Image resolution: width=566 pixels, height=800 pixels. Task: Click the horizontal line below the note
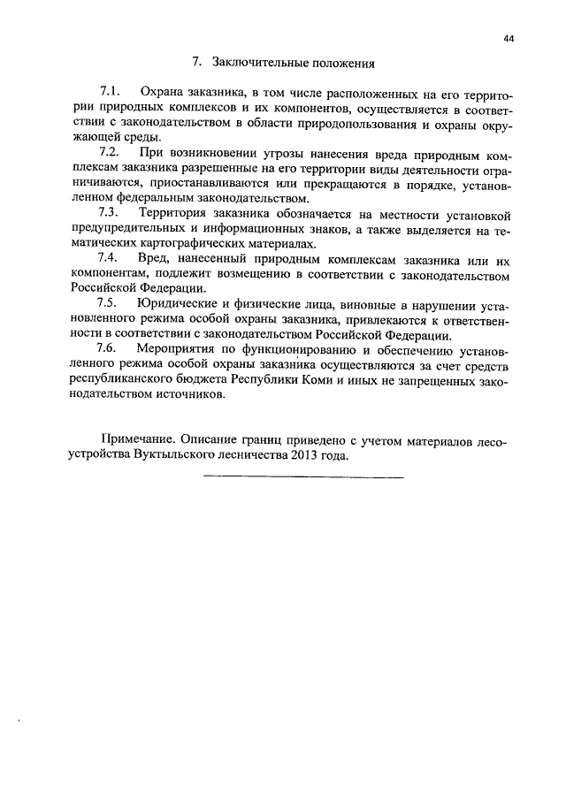303,477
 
